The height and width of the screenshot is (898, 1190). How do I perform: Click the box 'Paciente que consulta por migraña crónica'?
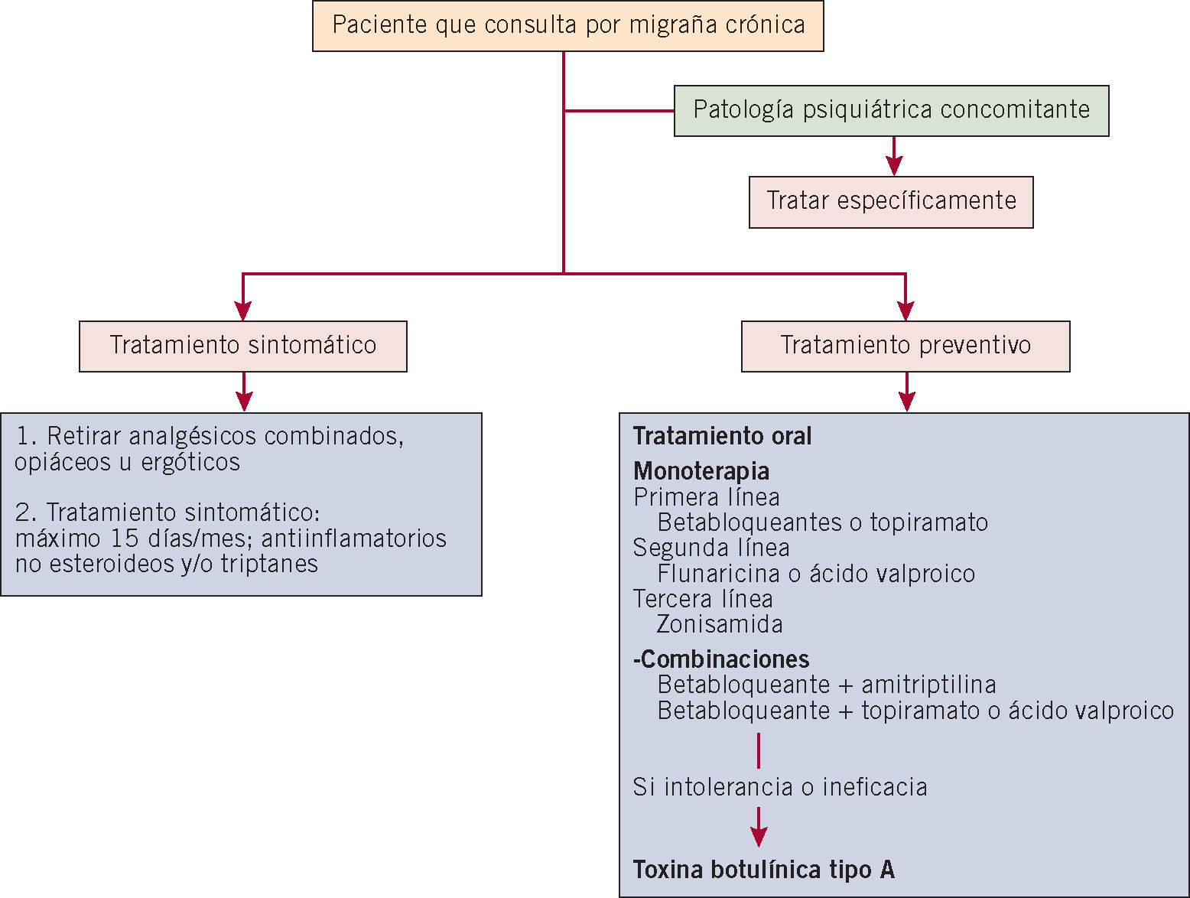(x=567, y=26)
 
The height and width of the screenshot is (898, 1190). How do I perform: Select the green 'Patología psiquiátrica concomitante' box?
(x=891, y=110)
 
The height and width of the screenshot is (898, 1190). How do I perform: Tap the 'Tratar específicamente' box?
(x=891, y=202)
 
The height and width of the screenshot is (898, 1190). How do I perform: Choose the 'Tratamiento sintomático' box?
(x=242, y=346)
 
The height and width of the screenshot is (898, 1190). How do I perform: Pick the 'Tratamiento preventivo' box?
(x=906, y=346)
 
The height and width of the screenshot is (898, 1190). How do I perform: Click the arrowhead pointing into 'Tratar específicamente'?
(x=894, y=165)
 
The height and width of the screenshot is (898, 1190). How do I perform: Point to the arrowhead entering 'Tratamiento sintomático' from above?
(x=243, y=310)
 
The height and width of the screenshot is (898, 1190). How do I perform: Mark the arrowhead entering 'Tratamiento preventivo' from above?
(x=906, y=310)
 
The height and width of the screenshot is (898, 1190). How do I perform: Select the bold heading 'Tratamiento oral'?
(x=722, y=437)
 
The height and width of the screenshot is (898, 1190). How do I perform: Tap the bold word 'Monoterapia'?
(x=701, y=471)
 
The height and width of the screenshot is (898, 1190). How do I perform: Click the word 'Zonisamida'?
(x=720, y=625)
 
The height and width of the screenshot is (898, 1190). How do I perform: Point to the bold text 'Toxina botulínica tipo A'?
(x=763, y=870)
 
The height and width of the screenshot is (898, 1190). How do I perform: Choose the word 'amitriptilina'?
(x=928, y=685)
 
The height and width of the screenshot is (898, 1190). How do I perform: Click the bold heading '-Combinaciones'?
(x=721, y=659)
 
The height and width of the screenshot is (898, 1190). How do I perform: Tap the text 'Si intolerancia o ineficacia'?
(x=780, y=787)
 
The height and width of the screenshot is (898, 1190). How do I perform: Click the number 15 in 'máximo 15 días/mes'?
(x=124, y=538)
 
